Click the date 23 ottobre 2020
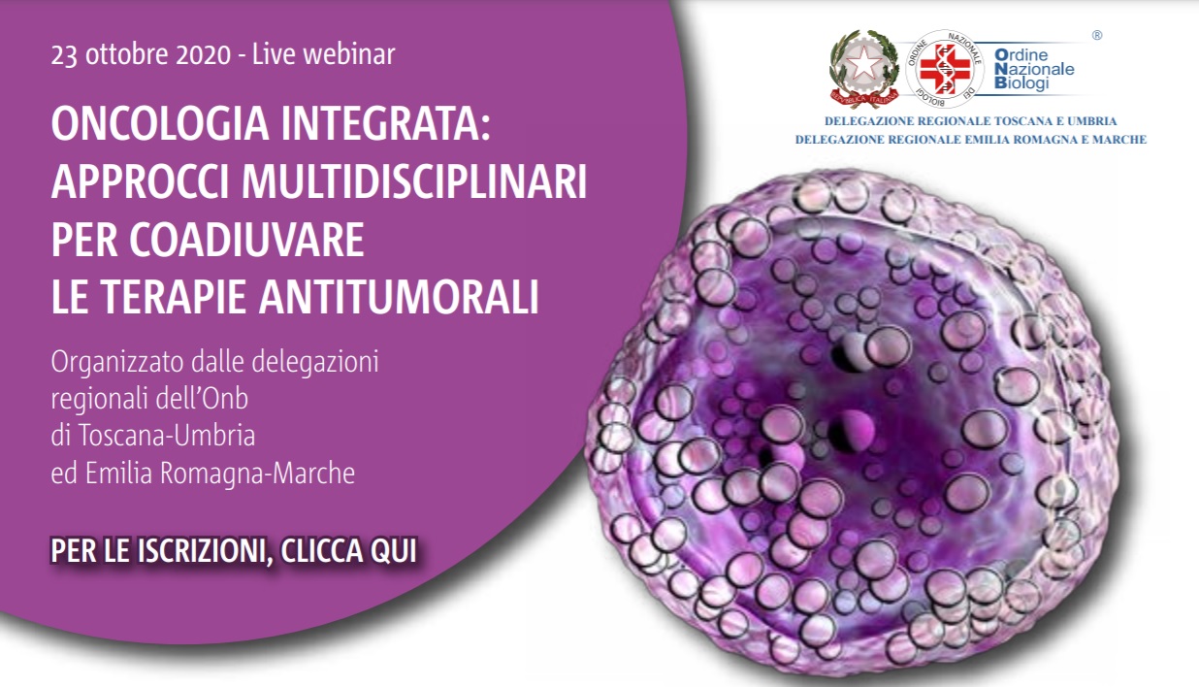click(141, 55)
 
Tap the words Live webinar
click(323, 54)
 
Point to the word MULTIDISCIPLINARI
click(414, 181)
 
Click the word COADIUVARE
click(246, 240)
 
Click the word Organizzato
click(117, 363)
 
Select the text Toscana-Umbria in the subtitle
click(167, 435)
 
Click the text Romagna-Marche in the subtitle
click(257, 474)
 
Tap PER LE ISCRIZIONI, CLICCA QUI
click(234, 550)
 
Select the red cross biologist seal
click(944, 69)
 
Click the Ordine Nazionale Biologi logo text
click(1034, 69)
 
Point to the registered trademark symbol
click(1097, 35)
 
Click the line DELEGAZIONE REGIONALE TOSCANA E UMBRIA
click(970, 121)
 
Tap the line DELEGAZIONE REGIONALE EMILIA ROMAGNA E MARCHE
click(970, 140)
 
